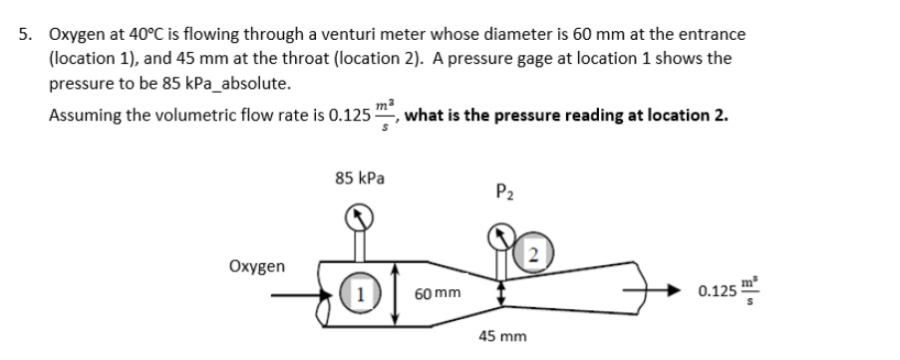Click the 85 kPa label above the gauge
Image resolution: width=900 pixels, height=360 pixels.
tap(361, 180)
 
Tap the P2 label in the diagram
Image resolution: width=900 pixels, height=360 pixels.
tap(504, 191)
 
